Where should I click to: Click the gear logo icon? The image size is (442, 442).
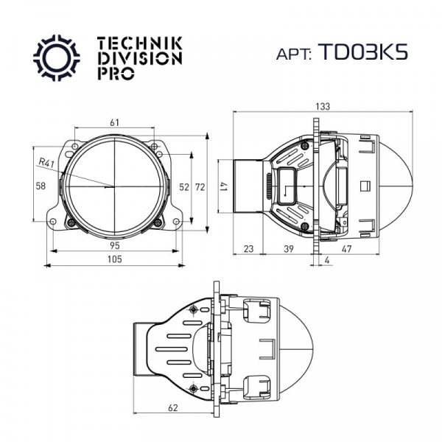[x=57, y=57]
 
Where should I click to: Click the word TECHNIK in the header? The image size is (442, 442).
[x=140, y=43]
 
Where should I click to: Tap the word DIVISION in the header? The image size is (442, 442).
[x=140, y=59]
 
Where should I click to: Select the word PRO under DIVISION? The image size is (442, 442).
[x=116, y=73]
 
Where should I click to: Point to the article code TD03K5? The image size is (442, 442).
[x=363, y=52]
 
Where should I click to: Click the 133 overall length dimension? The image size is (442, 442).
[x=323, y=107]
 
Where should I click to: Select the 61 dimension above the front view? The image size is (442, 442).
[x=114, y=122]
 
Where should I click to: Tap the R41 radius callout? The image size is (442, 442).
[x=46, y=163]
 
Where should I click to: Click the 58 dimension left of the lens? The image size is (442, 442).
[x=41, y=186]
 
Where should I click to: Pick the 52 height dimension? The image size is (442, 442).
[x=184, y=187]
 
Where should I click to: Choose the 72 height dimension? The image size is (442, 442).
[x=200, y=187]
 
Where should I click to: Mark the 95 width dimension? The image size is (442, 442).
[x=114, y=245]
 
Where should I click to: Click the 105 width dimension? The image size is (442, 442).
[x=115, y=259]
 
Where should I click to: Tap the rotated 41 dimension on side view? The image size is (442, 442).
[x=225, y=186]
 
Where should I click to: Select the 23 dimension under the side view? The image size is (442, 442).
[x=248, y=249]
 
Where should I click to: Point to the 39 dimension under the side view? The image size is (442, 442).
[x=288, y=249]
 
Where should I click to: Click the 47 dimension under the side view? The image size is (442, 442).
[x=346, y=249]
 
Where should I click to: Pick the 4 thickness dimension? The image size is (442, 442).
[x=326, y=260]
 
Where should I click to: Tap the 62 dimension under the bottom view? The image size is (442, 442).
[x=173, y=407]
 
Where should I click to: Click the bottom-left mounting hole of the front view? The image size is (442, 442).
[x=53, y=222]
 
